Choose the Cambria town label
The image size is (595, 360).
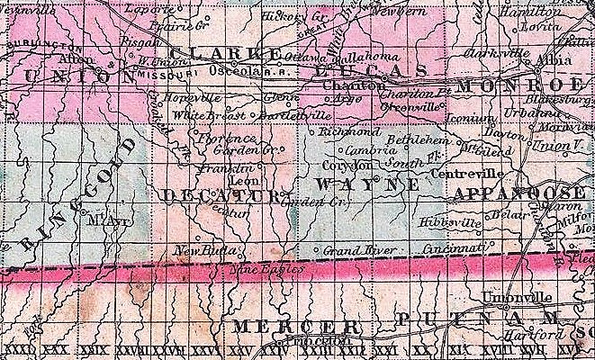point(362,151)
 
